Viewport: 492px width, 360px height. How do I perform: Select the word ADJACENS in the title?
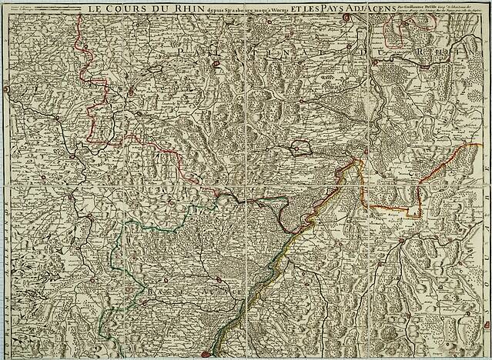pos(368,8)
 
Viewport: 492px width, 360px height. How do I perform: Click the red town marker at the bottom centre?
pos(206,354)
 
